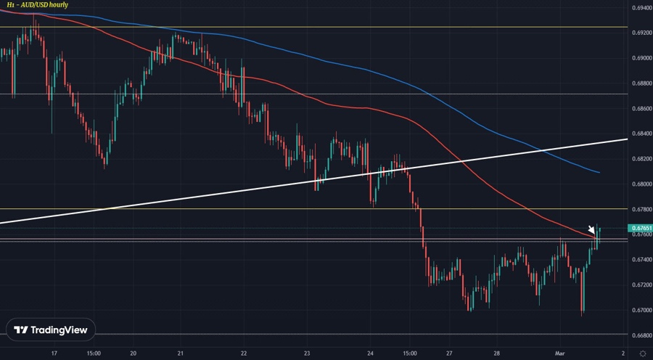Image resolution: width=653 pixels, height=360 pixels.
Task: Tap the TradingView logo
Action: pyautogui.click(x=54, y=330)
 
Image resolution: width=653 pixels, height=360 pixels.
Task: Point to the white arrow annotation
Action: pyautogui.click(x=592, y=230)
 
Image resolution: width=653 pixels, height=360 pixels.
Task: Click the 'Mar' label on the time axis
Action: pyautogui.click(x=559, y=353)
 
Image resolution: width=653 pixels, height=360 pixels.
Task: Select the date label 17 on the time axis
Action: pyautogui.click(x=54, y=353)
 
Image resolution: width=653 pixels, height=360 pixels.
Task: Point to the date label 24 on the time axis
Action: pyautogui.click(x=370, y=353)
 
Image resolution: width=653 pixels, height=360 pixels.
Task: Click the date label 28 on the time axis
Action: pyautogui.click(x=496, y=353)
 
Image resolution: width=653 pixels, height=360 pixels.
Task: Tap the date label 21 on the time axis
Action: pyautogui.click(x=180, y=353)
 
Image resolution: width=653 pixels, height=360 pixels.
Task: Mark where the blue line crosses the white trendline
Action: pyautogui.click(x=543, y=151)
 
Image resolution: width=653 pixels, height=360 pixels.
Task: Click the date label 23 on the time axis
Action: pyautogui.click(x=307, y=353)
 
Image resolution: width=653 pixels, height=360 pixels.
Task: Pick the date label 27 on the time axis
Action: pyautogui.click(x=450, y=353)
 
